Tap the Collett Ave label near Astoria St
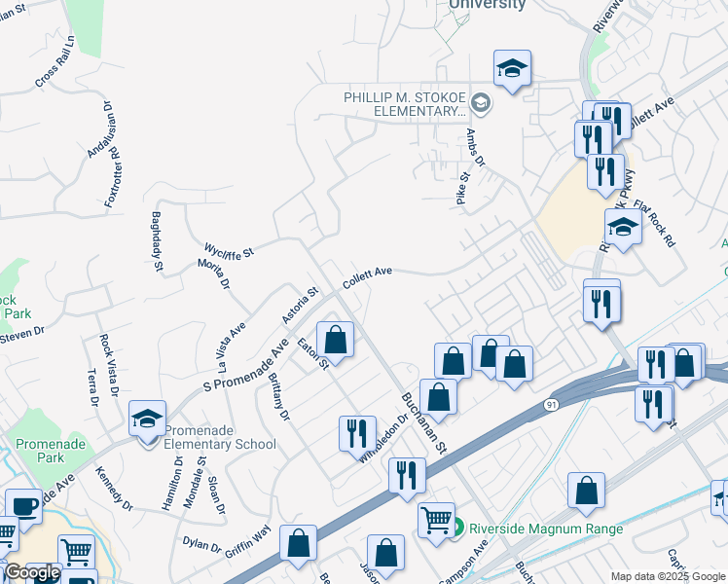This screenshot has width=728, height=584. (366, 278)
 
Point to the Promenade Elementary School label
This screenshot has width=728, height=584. (220, 437)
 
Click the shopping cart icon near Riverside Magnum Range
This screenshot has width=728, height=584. (436, 519)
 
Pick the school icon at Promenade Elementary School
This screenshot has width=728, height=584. (146, 419)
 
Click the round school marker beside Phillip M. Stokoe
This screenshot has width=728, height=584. (481, 102)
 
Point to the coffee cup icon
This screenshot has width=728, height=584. (23, 505)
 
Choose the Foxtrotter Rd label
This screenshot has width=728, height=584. (113, 176)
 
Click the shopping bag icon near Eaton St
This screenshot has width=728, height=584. (335, 340)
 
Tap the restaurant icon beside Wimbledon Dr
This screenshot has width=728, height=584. (356, 432)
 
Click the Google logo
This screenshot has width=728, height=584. (32, 572)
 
